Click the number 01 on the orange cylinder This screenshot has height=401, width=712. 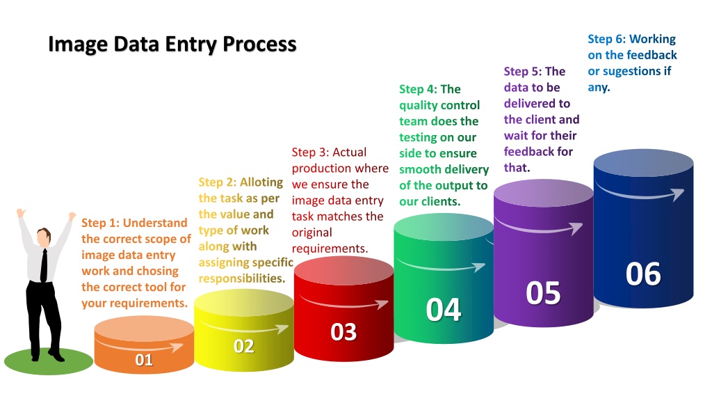[x=144, y=360]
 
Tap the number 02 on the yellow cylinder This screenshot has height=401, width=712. [x=244, y=347]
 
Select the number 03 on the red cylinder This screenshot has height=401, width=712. [x=343, y=332]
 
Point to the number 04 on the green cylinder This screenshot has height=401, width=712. [x=444, y=310]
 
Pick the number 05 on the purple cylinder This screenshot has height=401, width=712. [x=543, y=293]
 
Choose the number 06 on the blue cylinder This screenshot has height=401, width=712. [x=643, y=274]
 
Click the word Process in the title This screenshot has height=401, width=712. [x=259, y=45]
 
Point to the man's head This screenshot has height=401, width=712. [x=44, y=237]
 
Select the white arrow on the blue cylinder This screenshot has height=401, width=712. [x=640, y=194]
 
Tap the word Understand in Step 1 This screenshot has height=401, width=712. [x=155, y=223]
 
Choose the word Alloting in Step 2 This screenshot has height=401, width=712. [x=261, y=183]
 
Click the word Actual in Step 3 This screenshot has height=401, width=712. [x=349, y=152]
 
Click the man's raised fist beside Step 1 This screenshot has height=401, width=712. [x=72, y=216]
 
